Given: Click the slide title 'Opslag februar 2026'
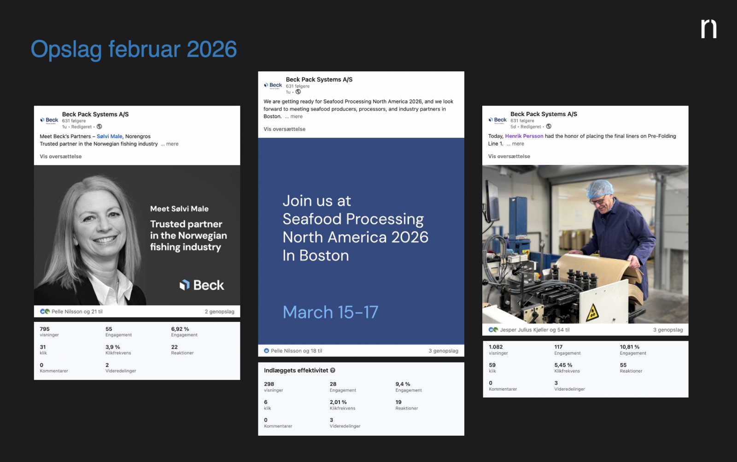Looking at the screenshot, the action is click(134, 49).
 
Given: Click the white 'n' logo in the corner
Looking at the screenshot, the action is click(709, 29).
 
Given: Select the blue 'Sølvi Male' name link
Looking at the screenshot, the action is click(109, 136).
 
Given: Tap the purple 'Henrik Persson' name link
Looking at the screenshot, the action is click(524, 136).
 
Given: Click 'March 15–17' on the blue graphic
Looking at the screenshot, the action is click(330, 312).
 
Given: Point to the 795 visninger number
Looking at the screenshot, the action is click(45, 329).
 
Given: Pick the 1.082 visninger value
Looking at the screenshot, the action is click(496, 347).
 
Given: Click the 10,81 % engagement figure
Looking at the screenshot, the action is click(629, 347).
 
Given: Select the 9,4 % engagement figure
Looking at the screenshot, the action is click(403, 384).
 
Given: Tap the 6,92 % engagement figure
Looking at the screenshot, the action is click(180, 329).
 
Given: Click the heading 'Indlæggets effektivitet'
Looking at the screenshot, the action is click(296, 370).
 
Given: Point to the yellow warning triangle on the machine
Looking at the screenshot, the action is click(592, 313).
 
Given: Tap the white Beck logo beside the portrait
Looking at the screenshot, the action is click(202, 285).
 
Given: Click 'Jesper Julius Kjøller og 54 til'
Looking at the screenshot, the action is click(535, 330).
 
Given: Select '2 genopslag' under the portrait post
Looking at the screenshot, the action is click(219, 311).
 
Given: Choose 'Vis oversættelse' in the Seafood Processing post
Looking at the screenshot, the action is click(284, 129).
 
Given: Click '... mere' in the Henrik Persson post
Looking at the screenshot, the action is click(515, 143).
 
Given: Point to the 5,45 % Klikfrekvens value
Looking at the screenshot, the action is click(563, 365).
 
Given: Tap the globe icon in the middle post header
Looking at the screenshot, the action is click(298, 92).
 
